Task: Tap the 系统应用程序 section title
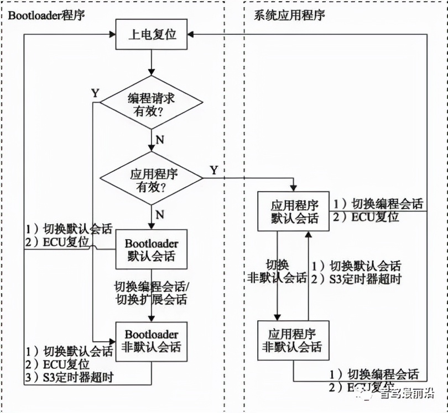click(x=289, y=14)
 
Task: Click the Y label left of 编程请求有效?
click(x=96, y=93)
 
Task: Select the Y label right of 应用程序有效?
click(x=213, y=168)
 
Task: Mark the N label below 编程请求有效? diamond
click(x=159, y=140)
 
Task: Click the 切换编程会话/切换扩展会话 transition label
click(x=150, y=293)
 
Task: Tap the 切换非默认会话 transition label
click(x=278, y=270)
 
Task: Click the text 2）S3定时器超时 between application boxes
click(x=357, y=279)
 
